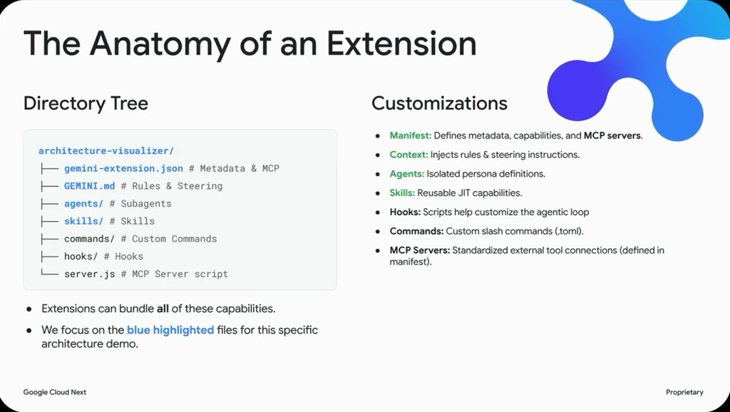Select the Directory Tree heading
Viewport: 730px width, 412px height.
pyautogui.click(x=86, y=103)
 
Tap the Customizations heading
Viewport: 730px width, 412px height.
pyautogui.click(x=439, y=103)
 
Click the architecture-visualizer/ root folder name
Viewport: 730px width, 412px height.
pyautogui.click(x=106, y=151)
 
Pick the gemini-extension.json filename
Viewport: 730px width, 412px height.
pyautogui.click(x=123, y=168)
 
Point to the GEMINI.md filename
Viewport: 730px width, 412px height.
pyautogui.click(x=89, y=186)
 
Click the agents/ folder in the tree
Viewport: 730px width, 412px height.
pyautogui.click(x=84, y=203)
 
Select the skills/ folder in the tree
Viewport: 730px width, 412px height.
pyautogui.click(x=84, y=221)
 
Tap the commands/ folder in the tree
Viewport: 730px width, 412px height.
pyautogui.click(x=89, y=239)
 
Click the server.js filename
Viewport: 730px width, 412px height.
pyautogui.click(x=89, y=274)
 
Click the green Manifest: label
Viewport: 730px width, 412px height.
pyautogui.click(x=411, y=135)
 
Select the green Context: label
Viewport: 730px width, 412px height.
pyautogui.click(x=408, y=155)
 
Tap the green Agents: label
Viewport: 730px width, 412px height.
pyautogui.click(x=407, y=174)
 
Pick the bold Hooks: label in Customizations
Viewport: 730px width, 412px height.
pyautogui.click(x=405, y=212)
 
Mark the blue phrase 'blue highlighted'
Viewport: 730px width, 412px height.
pyautogui.click(x=170, y=330)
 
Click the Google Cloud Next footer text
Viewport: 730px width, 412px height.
pyautogui.click(x=55, y=392)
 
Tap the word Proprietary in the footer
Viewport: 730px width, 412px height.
pyautogui.click(x=684, y=393)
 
